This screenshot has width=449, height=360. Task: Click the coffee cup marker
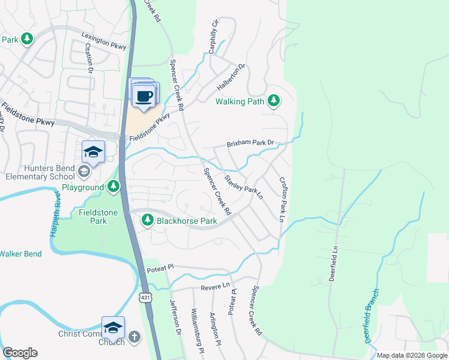click(143, 96)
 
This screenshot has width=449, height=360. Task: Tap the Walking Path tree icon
click(274, 101)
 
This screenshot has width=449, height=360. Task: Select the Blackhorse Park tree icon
click(148, 221)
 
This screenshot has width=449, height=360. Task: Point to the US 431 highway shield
click(144, 298)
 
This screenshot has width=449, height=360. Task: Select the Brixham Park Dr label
click(250, 144)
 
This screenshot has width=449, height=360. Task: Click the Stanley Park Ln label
click(244, 188)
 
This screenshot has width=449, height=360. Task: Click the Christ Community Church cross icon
click(134, 337)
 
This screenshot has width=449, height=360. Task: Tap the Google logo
click(20, 353)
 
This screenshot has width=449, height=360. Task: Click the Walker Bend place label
click(20, 254)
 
